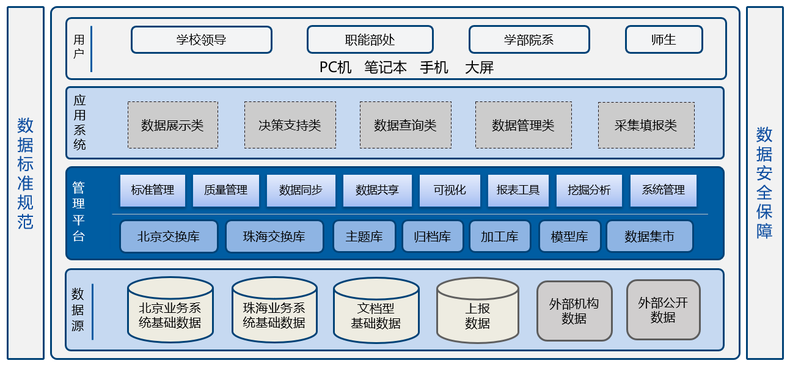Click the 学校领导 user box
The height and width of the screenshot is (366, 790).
[202, 40]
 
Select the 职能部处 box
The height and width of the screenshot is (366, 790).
[370, 40]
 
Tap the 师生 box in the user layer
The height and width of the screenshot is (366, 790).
[664, 40]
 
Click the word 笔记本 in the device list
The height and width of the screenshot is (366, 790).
[386, 67]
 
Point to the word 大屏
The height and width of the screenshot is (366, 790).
[479, 67]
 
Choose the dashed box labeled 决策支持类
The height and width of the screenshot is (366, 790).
[290, 125]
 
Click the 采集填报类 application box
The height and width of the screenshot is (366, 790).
[646, 125]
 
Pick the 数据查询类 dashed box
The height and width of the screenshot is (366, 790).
[406, 125]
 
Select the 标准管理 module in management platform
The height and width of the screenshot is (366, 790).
[153, 191]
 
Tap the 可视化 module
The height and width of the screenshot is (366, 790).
[450, 191]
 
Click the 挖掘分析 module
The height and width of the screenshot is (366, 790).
[589, 191]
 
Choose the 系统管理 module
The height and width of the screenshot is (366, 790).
[663, 191]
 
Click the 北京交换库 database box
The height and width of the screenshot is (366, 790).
[169, 236]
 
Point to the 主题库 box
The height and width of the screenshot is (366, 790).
[364, 236]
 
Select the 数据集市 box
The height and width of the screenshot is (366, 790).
[649, 236]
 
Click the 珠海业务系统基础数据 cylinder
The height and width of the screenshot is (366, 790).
[274, 310]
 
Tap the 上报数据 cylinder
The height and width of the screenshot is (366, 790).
[478, 310]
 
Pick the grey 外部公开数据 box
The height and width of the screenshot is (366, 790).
[663, 310]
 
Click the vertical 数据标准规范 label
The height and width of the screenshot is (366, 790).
[26, 173]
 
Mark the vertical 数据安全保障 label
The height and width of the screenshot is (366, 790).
[764, 183]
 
